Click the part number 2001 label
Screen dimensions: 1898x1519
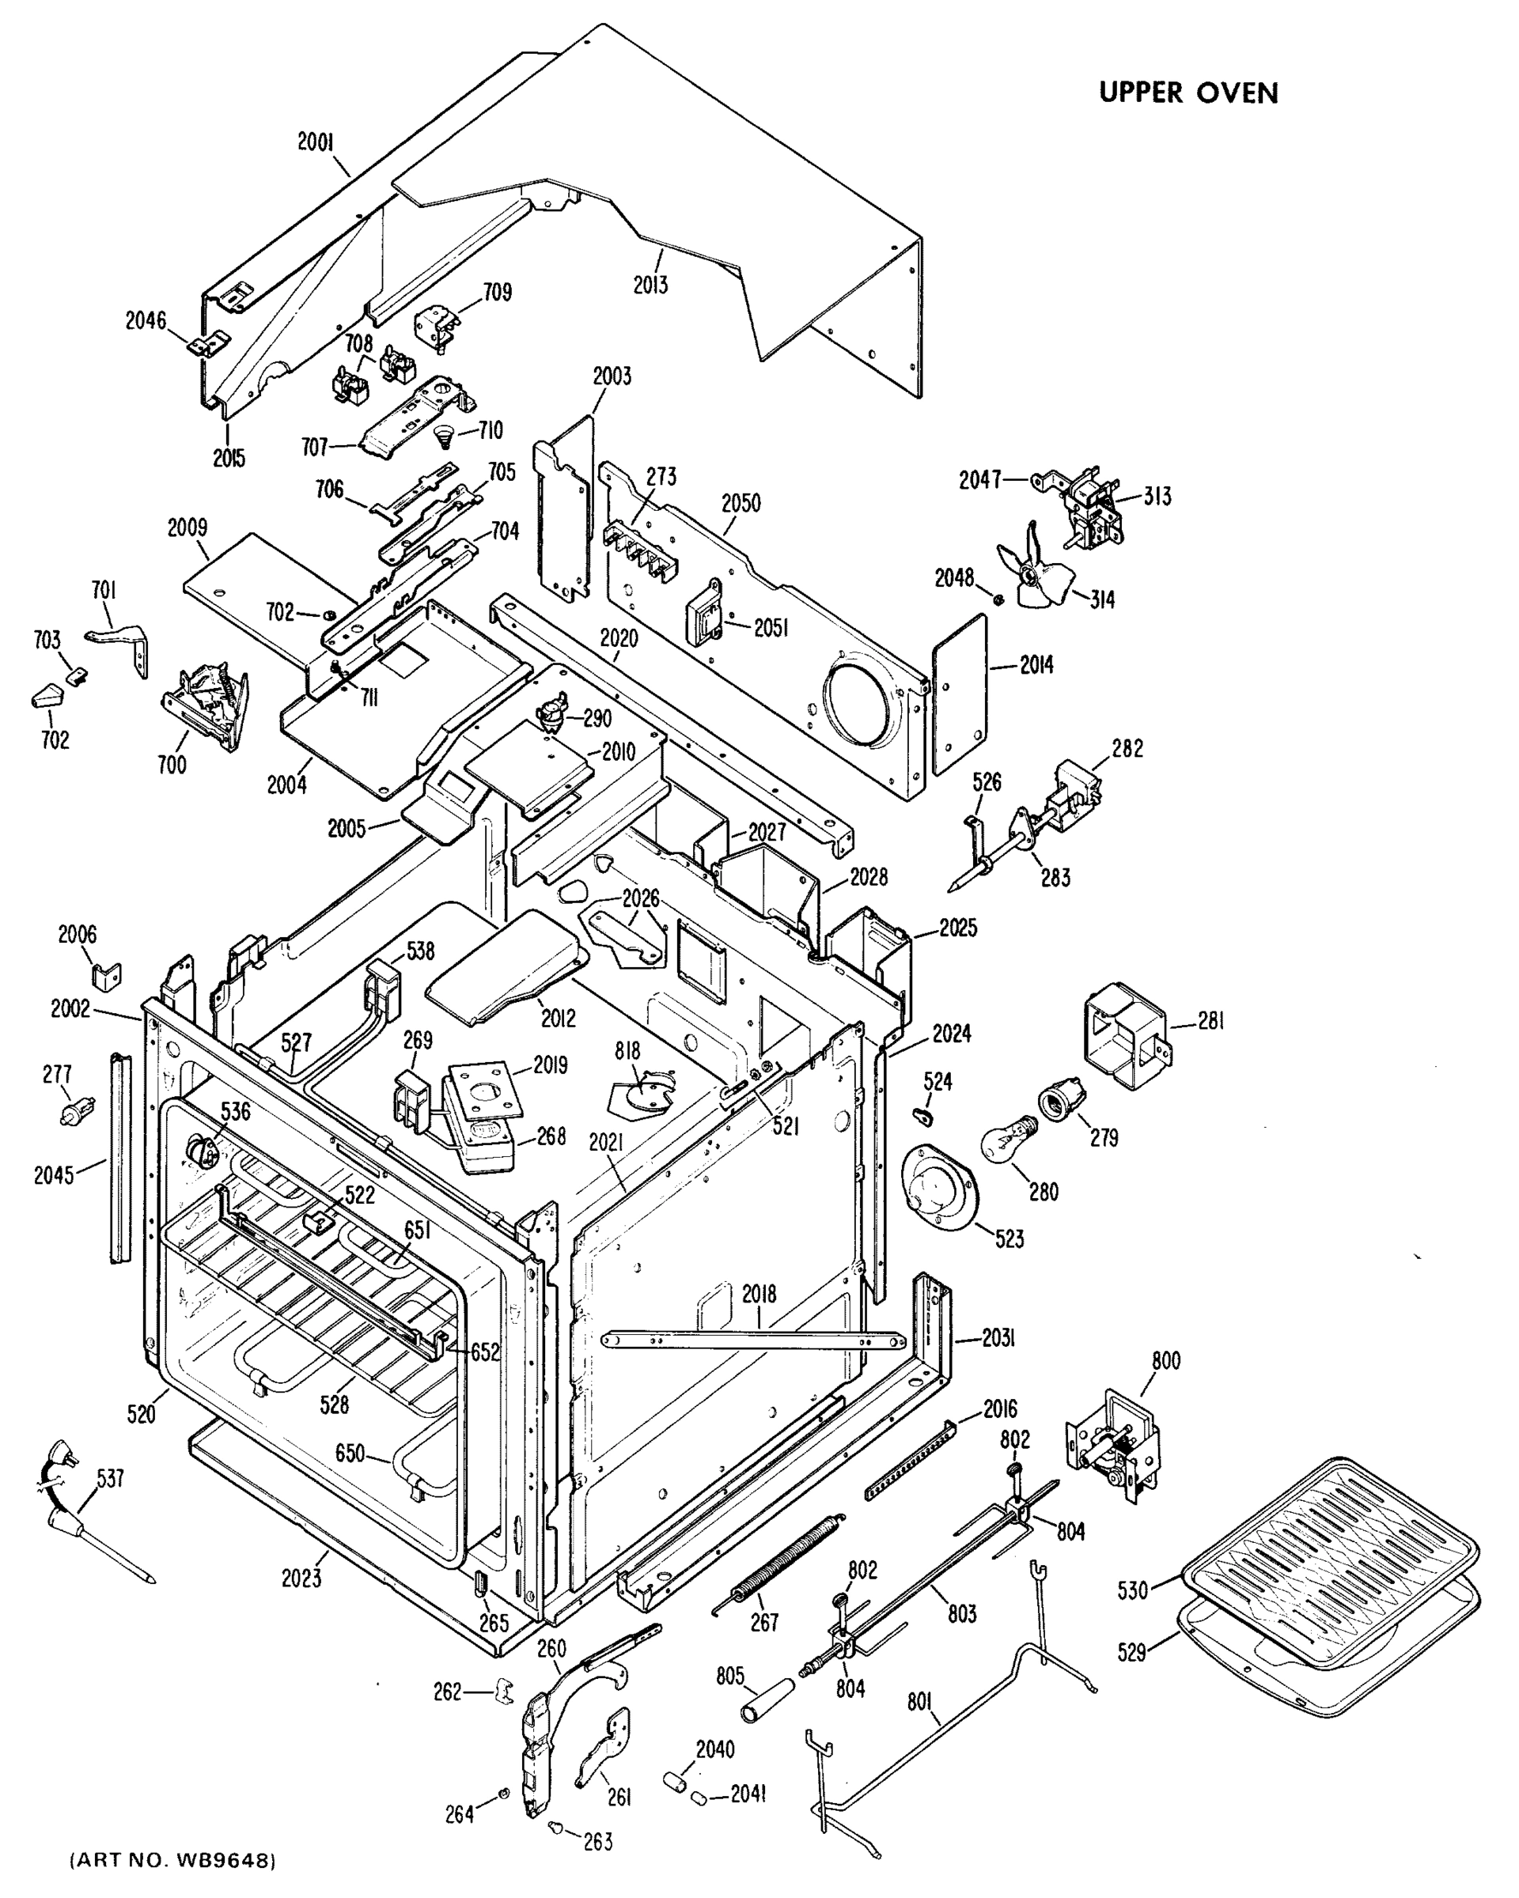[x=315, y=142]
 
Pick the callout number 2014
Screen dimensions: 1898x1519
[x=1036, y=666]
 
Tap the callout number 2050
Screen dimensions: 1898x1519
[x=741, y=503]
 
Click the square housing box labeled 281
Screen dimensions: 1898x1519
[x=1123, y=1035]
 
